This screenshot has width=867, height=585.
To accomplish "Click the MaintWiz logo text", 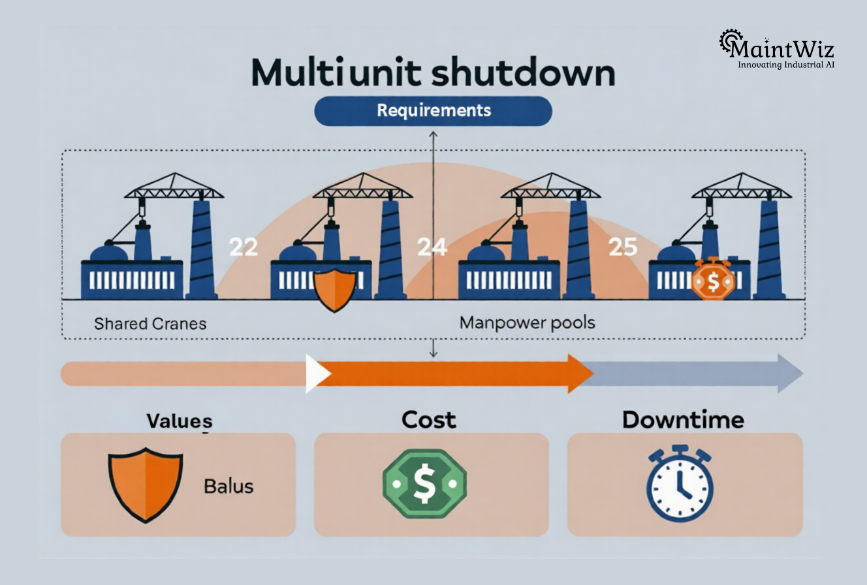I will coord(782,48).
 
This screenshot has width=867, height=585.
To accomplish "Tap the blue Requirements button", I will coord(433,110).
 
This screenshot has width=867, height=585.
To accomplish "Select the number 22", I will coord(243,247).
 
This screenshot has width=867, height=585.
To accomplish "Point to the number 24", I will coord(432,247).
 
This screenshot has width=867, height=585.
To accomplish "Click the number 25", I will coord(622,247).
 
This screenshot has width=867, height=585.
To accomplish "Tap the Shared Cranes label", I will coord(150,323).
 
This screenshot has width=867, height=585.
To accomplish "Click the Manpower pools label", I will coord(527,323).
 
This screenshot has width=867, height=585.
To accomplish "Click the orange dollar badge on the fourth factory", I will coord(712,279).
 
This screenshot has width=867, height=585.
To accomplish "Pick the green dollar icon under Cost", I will coord(424,483).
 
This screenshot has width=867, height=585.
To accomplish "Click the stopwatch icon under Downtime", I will coord(680,484).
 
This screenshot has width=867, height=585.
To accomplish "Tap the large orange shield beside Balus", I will coord(145,484).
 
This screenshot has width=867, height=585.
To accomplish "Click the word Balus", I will coord(229,486).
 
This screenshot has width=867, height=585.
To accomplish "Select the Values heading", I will coord(179,420).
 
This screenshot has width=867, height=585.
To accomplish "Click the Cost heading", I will coord(429,419).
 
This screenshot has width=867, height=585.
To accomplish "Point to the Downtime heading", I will coord(683,419).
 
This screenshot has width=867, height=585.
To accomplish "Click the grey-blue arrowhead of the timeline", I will coord(789,373).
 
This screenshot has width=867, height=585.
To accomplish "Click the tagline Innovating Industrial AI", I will coord(786,65).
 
